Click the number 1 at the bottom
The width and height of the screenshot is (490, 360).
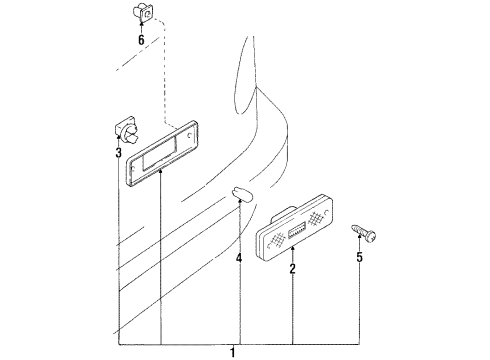233,351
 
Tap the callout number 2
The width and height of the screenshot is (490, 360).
292,269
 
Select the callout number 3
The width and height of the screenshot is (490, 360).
118,153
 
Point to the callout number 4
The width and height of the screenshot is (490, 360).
239,257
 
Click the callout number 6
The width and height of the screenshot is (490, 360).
140,40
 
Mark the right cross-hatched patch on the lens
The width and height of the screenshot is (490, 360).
317,218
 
